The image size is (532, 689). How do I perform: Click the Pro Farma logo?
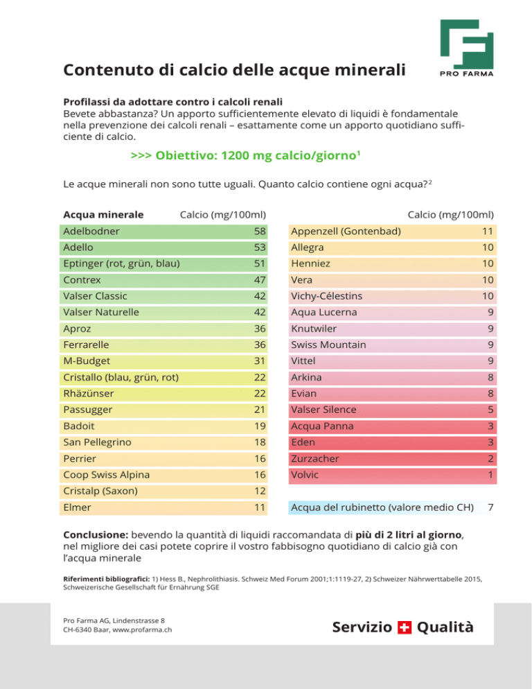pyautogui.click(x=467, y=48)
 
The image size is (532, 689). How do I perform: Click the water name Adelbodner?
pyautogui.click(x=91, y=231)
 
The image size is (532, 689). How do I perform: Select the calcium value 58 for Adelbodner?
pyautogui.click(x=260, y=231)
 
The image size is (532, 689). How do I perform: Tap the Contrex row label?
pyautogui.click(x=82, y=280)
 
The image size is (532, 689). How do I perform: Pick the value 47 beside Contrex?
pyautogui.click(x=260, y=280)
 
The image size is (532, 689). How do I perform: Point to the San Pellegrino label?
pyautogui.click(x=97, y=442)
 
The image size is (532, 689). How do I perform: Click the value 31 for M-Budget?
pyautogui.click(x=260, y=361)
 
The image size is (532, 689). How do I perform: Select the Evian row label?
pyautogui.click(x=303, y=394)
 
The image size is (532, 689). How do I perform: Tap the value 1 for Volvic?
pyautogui.click(x=490, y=475)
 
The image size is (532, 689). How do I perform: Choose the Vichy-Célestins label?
pyautogui.click(x=326, y=296)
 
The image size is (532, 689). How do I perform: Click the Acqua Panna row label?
pyautogui.click(x=322, y=426)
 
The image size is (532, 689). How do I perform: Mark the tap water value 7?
pyautogui.click(x=490, y=507)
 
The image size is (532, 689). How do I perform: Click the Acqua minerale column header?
pyautogui.click(x=103, y=215)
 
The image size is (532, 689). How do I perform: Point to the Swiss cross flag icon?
pyautogui.click(x=404, y=627)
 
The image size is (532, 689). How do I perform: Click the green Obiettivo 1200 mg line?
pyautogui.click(x=246, y=155)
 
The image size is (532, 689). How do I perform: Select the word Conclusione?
pyautogui.click(x=96, y=535)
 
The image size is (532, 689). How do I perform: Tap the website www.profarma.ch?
pyautogui.click(x=142, y=630)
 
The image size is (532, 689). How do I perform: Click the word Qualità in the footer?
pyautogui.click(x=445, y=627)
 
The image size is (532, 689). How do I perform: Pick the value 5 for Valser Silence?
pyautogui.click(x=490, y=410)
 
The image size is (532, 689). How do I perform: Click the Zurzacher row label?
pyautogui.click(x=315, y=459)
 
